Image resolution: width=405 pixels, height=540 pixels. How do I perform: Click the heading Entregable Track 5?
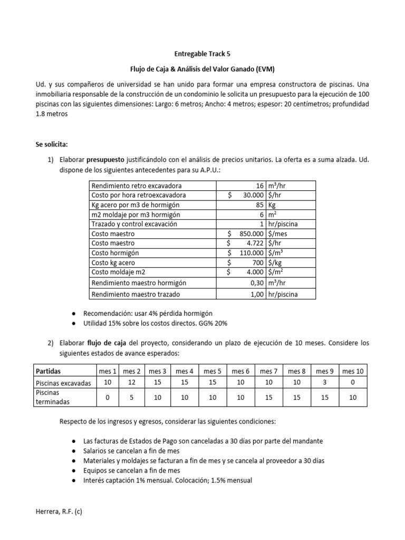(x=202, y=53)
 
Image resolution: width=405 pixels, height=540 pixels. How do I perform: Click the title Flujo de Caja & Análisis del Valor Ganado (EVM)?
(x=202, y=69)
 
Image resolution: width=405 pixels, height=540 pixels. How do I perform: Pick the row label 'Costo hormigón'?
(x=113, y=253)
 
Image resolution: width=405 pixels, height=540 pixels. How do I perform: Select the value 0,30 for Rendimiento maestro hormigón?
(x=257, y=283)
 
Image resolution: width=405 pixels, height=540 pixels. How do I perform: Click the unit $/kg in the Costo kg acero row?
(x=275, y=263)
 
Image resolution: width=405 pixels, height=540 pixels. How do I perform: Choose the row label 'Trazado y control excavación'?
(x=134, y=224)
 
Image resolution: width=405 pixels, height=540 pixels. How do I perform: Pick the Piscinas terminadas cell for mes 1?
(x=107, y=398)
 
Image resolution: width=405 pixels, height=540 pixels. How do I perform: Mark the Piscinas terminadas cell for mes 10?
(x=353, y=398)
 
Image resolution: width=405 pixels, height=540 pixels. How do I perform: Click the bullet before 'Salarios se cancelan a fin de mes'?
(x=73, y=450)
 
